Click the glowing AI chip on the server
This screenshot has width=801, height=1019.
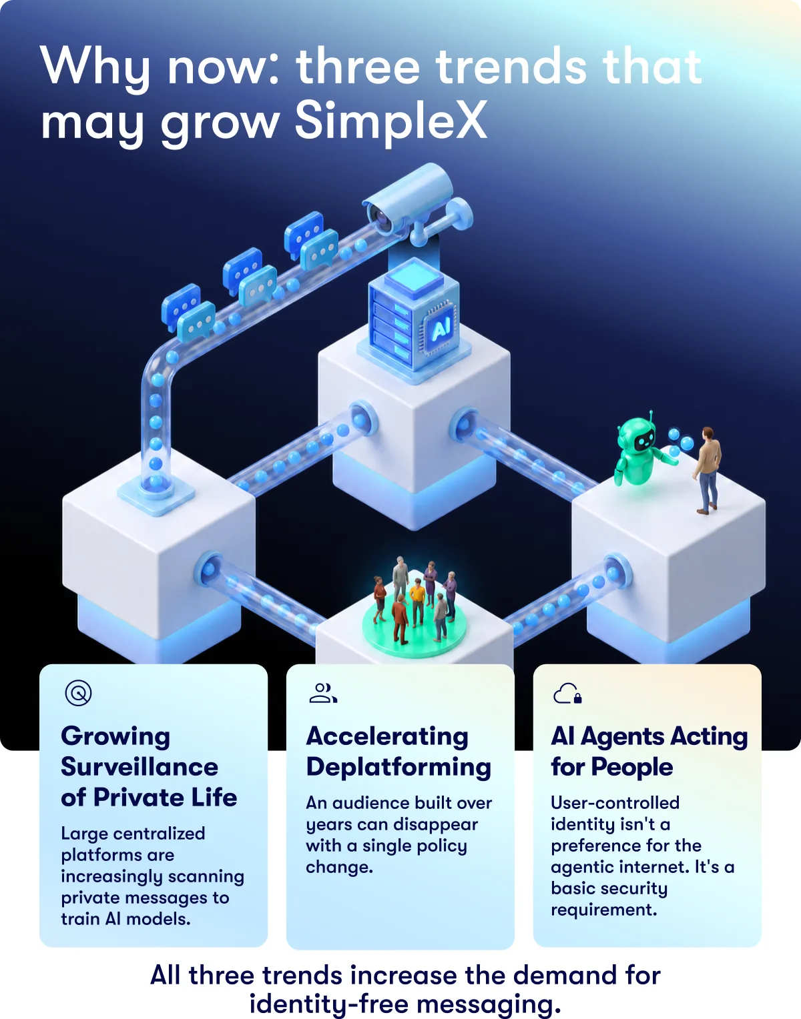point(440,328)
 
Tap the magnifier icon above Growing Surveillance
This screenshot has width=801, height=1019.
point(78,693)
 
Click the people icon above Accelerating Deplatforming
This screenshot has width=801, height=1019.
point(323,693)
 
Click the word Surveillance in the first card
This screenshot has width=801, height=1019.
point(140,767)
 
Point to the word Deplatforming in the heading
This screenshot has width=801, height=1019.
point(398,768)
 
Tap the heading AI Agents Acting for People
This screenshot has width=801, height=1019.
point(649,752)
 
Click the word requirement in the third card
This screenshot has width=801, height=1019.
point(604,910)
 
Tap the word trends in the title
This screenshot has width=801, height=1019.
point(511,67)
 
